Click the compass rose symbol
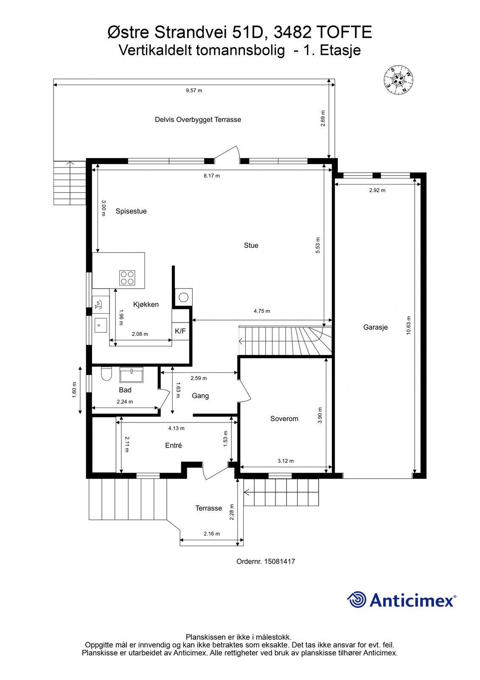pyautogui.click(x=398, y=80)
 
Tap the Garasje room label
pyautogui.click(x=376, y=327)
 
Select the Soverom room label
pyautogui.click(x=284, y=419)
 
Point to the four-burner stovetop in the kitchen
pyautogui.click(x=127, y=278)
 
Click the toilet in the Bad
pyautogui.click(x=107, y=374)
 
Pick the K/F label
pyautogui.click(x=180, y=331)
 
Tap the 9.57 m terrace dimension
pyautogui.click(x=194, y=91)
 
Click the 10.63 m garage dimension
pyautogui.click(x=408, y=326)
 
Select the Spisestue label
pyautogui.click(x=131, y=211)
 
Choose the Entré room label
pyautogui.click(x=174, y=445)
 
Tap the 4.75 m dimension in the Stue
pyautogui.click(x=262, y=311)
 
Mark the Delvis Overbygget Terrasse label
pyautogui.click(x=198, y=119)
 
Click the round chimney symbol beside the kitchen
pyautogui.click(x=183, y=297)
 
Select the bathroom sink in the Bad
pyautogui.click(x=131, y=374)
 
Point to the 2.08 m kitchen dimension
pyautogui.click(x=140, y=334)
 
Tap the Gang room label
pyautogui.click(x=200, y=396)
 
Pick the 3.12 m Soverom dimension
pyautogui.click(x=286, y=461)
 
